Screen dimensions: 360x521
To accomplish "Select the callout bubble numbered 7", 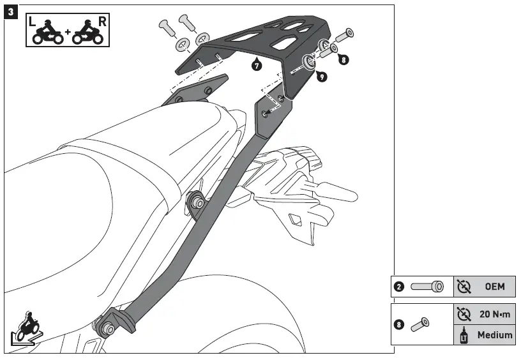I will (x=256, y=65).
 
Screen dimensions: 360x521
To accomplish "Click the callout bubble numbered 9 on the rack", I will (x=321, y=76).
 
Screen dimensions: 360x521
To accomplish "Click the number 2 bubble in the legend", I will (x=398, y=287).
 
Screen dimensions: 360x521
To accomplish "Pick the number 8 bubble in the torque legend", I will (x=398, y=324).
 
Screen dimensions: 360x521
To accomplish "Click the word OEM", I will (x=494, y=287).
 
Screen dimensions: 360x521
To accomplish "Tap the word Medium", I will (x=495, y=334).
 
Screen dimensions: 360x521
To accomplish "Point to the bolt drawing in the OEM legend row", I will (x=427, y=287).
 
